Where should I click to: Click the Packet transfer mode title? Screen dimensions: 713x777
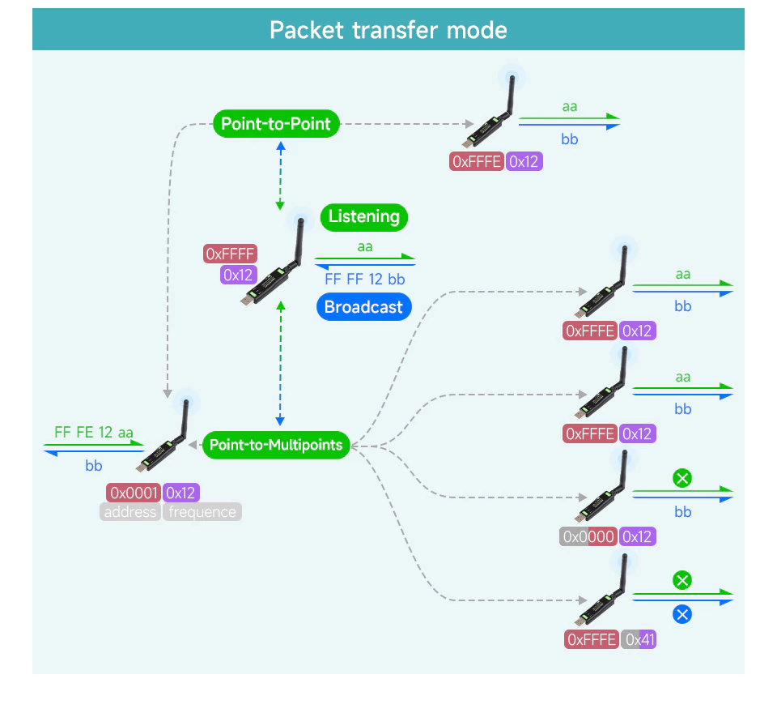(x=388, y=30)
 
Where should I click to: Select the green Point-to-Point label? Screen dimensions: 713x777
(x=276, y=124)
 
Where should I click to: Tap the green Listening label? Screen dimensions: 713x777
(x=364, y=216)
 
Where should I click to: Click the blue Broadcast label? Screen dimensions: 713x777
(x=363, y=307)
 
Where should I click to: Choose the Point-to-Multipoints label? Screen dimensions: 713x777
(x=276, y=444)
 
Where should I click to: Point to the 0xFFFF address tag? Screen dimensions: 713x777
(x=230, y=254)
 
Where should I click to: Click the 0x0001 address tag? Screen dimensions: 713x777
(x=134, y=493)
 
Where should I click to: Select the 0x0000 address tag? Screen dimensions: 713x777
(x=588, y=536)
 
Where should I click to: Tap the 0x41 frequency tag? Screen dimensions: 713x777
(x=639, y=639)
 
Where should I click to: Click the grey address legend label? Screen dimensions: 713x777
(x=129, y=512)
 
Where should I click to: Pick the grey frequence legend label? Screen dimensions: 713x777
(x=202, y=512)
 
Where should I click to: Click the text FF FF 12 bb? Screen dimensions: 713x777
(x=365, y=280)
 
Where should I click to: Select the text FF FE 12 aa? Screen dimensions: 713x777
(x=94, y=432)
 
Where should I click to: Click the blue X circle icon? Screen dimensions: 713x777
(x=682, y=614)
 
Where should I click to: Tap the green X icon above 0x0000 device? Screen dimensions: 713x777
(x=682, y=478)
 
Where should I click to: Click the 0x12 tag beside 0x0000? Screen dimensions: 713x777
(x=638, y=536)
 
